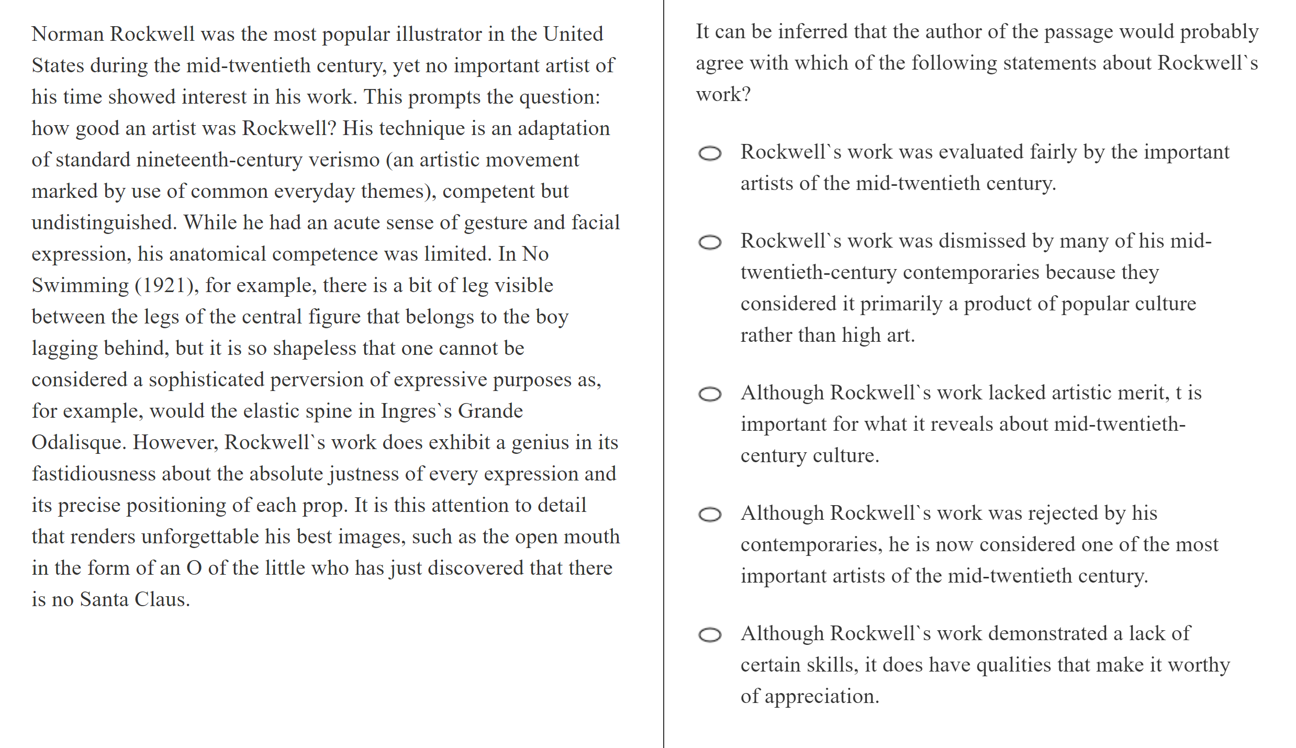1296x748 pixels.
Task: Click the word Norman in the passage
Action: pyautogui.click(x=68, y=35)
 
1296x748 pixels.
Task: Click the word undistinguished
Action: pyautogui.click(x=104, y=223)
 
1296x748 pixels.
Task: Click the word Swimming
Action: pyautogui.click(x=80, y=286)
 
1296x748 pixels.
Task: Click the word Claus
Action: pyautogui.click(x=162, y=600)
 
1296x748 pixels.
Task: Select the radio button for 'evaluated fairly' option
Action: pyautogui.click(x=710, y=153)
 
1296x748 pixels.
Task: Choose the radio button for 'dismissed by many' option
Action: pyautogui.click(x=710, y=242)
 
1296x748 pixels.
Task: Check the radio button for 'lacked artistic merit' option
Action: pyautogui.click(x=710, y=394)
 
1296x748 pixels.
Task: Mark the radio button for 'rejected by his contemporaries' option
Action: pyautogui.click(x=710, y=515)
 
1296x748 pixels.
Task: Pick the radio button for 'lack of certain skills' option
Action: pyautogui.click(x=710, y=635)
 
